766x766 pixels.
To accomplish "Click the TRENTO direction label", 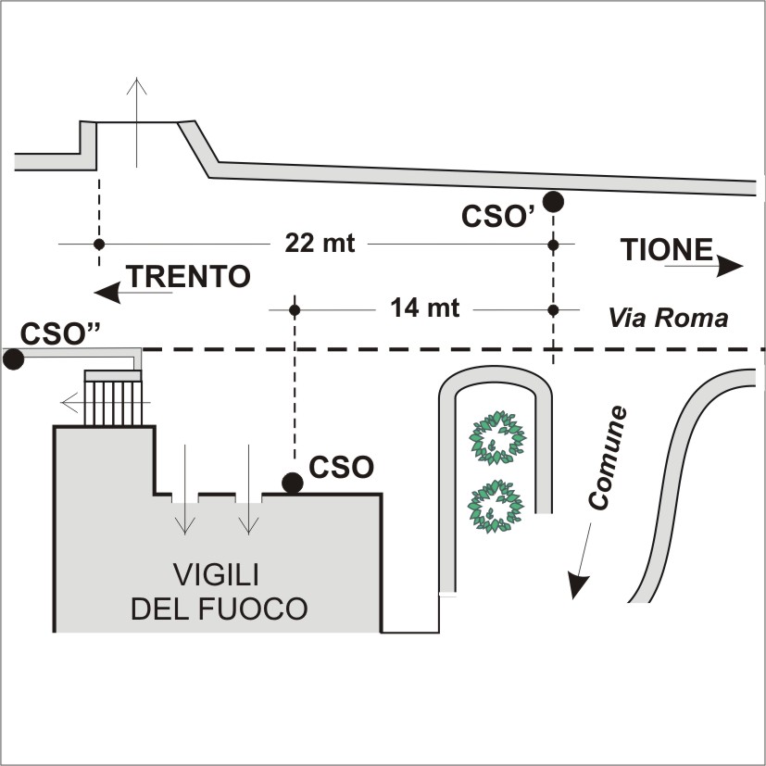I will (x=188, y=277).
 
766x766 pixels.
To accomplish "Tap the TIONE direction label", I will (x=667, y=250).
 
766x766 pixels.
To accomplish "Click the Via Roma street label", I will (x=668, y=318).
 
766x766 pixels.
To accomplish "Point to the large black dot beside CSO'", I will (x=553, y=201).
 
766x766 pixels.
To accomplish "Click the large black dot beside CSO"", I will (x=13, y=358).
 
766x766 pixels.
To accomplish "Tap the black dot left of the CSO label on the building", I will (x=293, y=482).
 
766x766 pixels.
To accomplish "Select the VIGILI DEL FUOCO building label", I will (x=219, y=590).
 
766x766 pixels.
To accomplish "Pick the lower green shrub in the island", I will (x=496, y=507).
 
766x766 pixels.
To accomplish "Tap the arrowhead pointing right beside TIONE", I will (x=732, y=266).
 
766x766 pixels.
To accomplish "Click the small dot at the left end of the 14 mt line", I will (x=295, y=308).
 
